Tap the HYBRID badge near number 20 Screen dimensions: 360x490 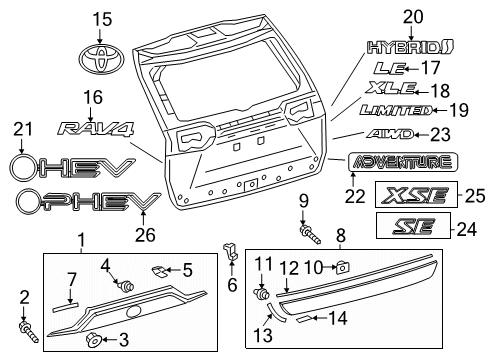(410, 46)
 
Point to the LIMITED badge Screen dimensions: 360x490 (396, 110)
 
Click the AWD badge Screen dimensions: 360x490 (390, 133)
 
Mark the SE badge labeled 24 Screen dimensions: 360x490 (410, 228)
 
